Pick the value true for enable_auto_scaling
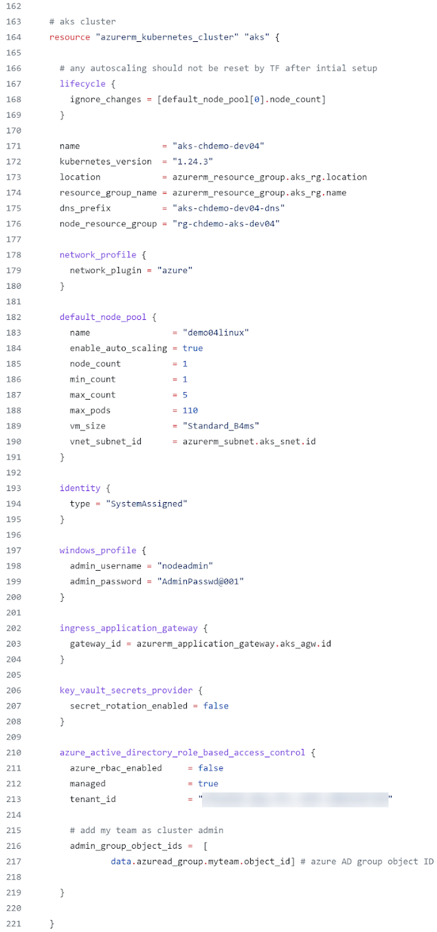[192, 348]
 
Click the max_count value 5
[185, 395]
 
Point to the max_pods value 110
[190, 411]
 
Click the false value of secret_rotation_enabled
[216, 706]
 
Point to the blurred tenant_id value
[295, 799]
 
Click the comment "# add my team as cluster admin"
[146, 830]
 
